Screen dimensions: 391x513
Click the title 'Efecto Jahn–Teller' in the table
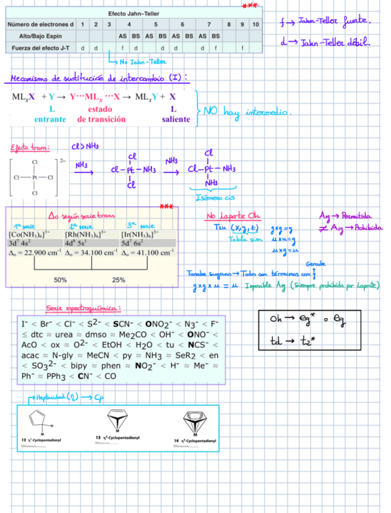[x=134, y=13]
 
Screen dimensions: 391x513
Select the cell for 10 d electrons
[x=255, y=24]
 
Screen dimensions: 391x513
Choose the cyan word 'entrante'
[x=50, y=119]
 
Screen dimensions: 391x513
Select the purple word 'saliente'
[x=176, y=119]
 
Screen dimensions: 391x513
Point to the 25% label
[x=119, y=280]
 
